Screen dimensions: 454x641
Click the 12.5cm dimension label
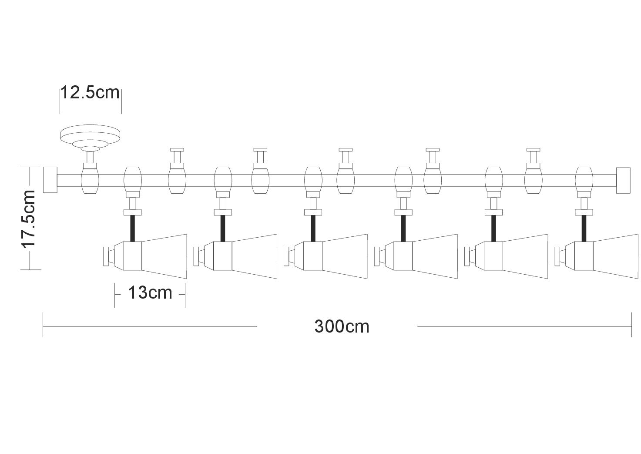pyautogui.click(x=90, y=93)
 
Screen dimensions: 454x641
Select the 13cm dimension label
pyautogui.click(x=150, y=293)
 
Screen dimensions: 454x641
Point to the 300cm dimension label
pyautogui.click(x=342, y=326)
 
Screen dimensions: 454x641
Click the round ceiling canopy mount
pyautogui.click(x=90, y=135)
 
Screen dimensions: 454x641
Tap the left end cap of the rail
pyautogui.click(x=50, y=179)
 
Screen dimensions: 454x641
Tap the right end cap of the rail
pyautogui.click(x=623, y=180)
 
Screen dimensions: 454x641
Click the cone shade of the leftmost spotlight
pyautogui.click(x=164, y=256)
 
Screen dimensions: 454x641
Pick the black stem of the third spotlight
pyautogui.click(x=313, y=228)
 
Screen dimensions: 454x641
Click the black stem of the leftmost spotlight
pyautogui.click(x=133, y=228)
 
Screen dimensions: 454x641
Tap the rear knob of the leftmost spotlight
pyautogui.click(x=105, y=256)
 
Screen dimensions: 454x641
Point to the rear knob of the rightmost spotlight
pyautogui.click(x=558, y=256)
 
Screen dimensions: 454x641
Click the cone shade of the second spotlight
pyautogui.click(x=255, y=256)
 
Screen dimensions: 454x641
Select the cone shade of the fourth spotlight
pyautogui.click(x=435, y=256)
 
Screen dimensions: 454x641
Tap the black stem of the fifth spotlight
pyautogui.click(x=493, y=228)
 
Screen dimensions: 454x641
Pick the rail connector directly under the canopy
pyautogui.click(x=91, y=179)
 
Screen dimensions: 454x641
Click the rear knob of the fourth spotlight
pyautogui.click(x=377, y=256)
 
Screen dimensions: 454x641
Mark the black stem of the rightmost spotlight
pyautogui.click(x=584, y=228)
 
